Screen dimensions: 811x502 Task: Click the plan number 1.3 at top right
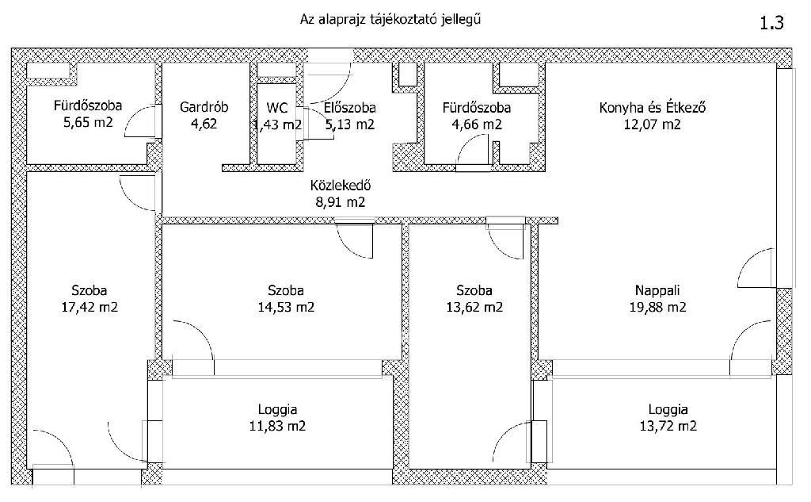pyautogui.click(x=771, y=23)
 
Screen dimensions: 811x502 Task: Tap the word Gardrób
pyautogui.click(x=204, y=107)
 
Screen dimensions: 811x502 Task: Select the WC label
pyautogui.click(x=277, y=108)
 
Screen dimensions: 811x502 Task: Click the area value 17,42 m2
pyautogui.click(x=89, y=307)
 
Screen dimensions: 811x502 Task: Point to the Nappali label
pyautogui.click(x=657, y=290)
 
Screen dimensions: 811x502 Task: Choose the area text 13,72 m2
pyautogui.click(x=668, y=427)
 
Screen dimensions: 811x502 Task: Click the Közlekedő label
pyautogui.click(x=341, y=185)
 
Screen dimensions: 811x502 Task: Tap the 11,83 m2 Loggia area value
pyautogui.click(x=277, y=427)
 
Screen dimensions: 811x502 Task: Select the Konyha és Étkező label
pyautogui.click(x=653, y=108)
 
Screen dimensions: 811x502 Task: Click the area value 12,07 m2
pyautogui.click(x=653, y=125)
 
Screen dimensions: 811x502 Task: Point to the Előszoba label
pyautogui.click(x=350, y=108)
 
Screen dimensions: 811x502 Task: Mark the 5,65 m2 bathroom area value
pyautogui.click(x=88, y=123)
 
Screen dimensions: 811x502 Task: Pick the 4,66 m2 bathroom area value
pyautogui.click(x=477, y=125)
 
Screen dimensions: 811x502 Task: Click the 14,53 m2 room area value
pyautogui.click(x=286, y=307)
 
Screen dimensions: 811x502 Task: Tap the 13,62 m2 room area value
pyautogui.click(x=474, y=307)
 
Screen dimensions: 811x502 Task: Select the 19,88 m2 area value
pyautogui.click(x=658, y=307)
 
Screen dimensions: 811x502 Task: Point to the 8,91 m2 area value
pyautogui.click(x=341, y=201)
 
